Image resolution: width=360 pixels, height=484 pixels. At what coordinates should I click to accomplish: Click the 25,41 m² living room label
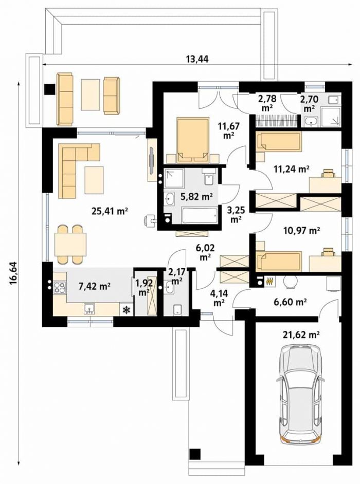[110, 211]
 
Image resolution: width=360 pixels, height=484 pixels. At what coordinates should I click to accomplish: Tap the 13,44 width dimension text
[197, 59]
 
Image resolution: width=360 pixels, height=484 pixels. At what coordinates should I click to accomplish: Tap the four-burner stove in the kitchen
[60, 288]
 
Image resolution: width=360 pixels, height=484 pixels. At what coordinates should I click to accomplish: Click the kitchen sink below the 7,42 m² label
[89, 309]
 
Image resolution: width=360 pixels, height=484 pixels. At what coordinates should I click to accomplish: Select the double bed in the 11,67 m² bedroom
[192, 140]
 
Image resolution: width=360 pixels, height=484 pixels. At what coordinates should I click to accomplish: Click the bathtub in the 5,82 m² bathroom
[200, 215]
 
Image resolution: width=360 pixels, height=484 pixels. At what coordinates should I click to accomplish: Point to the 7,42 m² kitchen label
[95, 286]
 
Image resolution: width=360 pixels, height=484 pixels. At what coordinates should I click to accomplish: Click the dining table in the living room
[70, 245]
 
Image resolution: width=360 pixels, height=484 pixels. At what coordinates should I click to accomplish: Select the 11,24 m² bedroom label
[292, 169]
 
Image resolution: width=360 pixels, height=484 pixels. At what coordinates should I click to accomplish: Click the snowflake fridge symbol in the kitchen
[126, 310]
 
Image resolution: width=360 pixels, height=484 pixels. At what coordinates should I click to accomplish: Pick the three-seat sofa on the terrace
[65, 99]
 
